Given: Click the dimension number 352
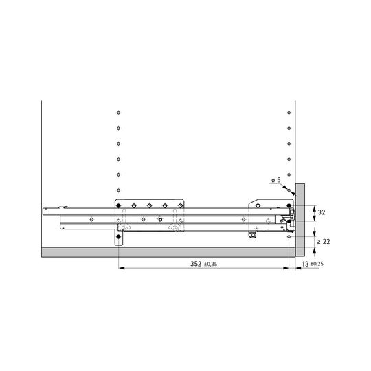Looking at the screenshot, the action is (x=196, y=264).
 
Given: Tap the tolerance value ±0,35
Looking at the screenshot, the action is (x=210, y=264).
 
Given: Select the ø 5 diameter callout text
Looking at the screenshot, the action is (x=276, y=180).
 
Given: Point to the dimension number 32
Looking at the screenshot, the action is (x=322, y=212).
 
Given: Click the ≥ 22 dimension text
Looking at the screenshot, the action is (x=323, y=242).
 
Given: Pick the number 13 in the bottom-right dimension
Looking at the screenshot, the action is (x=305, y=264).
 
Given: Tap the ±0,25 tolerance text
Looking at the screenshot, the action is (x=317, y=264).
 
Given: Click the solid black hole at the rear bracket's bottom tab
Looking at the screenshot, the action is (x=119, y=236).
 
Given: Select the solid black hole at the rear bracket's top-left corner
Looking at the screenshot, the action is (x=119, y=205).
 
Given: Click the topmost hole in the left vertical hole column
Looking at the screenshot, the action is (x=119, y=113).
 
